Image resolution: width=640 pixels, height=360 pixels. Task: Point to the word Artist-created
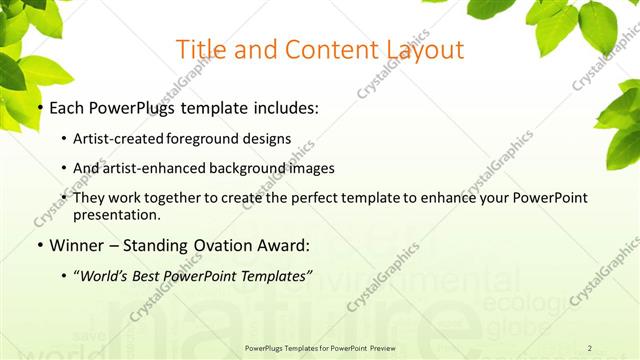pyautogui.click(x=117, y=138)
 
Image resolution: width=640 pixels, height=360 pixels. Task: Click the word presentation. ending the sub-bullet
pyautogui.click(x=117, y=214)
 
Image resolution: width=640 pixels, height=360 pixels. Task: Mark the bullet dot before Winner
pyautogui.click(x=39, y=244)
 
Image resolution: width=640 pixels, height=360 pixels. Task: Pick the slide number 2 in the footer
pyautogui.click(x=590, y=348)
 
